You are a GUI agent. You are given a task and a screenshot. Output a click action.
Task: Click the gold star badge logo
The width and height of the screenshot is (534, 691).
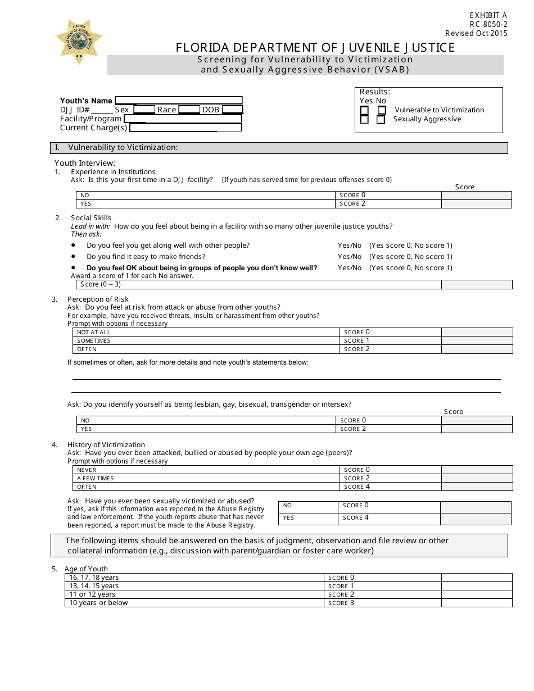[x=79, y=41]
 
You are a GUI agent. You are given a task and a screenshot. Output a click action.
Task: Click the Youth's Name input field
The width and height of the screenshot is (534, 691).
[x=178, y=101]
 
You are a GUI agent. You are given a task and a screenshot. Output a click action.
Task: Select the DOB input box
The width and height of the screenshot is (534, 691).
[x=232, y=110]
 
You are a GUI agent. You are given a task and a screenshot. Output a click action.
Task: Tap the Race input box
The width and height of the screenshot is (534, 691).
[x=189, y=110]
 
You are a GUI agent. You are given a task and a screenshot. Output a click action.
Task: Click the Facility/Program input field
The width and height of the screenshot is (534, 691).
[x=183, y=119]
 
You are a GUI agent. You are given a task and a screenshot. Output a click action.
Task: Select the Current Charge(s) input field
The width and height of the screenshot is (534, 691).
[x=185, y=128]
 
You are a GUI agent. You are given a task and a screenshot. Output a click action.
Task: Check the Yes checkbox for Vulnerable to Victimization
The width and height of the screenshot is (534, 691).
[x=365, y=110]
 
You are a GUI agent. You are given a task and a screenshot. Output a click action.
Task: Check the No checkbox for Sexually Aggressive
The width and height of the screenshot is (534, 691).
[x=381, y=119]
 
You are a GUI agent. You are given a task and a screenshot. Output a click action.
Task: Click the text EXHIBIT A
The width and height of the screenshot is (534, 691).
[x=488, y=16]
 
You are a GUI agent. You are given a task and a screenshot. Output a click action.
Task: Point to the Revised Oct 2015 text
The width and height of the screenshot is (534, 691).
[x=476, y=33]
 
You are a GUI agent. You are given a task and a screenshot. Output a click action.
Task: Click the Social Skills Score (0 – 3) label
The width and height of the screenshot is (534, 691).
[x=101, y=284]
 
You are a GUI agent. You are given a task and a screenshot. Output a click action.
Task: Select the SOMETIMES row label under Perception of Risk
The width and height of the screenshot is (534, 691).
[x=94, y=340]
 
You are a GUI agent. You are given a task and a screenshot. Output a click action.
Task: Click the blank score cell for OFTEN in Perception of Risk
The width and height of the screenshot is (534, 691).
[x=477, y=349]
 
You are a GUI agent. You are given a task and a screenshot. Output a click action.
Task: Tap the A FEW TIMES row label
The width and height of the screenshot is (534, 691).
[x=96, y=478]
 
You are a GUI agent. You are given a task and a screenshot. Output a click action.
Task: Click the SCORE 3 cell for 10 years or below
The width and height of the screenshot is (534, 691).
[x=341, y=603]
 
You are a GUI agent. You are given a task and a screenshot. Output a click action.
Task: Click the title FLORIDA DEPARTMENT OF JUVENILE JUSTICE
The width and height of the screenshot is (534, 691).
[x=315, y=48]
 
